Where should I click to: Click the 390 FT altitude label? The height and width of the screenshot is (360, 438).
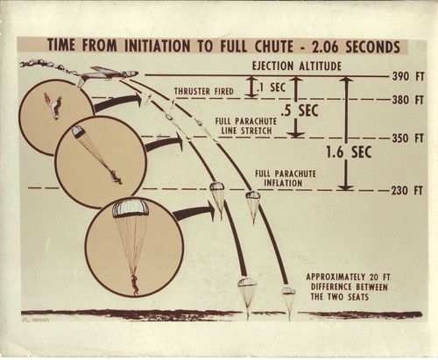pyautogui.click(x=407, y=77)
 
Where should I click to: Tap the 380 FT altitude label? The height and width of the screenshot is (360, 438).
pyautogui.click(x=407, y=100)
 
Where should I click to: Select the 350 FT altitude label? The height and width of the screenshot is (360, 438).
pyautogui.click(x=407, y=138)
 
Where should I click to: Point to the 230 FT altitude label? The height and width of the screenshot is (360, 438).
pyautogui.click(x=407, y=191)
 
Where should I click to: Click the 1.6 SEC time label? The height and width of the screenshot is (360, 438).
pyautogui.click(x=349, y=152)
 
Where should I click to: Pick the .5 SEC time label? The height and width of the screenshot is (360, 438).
pyautogui.click(x=300, y=110)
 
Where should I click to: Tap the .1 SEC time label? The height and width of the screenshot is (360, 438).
pyautogui.click(x=271, y=88)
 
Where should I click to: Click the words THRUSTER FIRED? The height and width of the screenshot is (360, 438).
pyautogui.click(x=204, y=91)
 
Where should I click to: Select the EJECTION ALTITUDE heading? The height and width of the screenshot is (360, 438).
pyautogui.click(x=297, y=66)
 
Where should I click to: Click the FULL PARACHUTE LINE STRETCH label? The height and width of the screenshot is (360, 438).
pyautogui.click(x=246, y=126)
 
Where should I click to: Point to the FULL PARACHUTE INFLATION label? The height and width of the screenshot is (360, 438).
pyautogui.click(x=286, y=179)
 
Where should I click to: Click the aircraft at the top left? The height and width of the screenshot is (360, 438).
pyautogui.click(x=107, y=75)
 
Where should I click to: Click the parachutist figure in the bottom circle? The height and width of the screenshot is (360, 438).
pyautogui.click(x=135, y=285)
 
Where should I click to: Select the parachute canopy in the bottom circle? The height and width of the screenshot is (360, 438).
pyautogui.click(x=131, y=209)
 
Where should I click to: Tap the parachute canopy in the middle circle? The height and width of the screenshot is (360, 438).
pyautogui.click(x=78, y=131)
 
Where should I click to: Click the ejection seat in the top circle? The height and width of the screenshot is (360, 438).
pyautogui.click(x=54, y=109)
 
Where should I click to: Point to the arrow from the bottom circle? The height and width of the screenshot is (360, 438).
pyautogui.click(x=194, y=212)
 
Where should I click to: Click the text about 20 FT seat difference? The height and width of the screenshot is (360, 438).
pyautogui.click(x=349, y=287)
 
